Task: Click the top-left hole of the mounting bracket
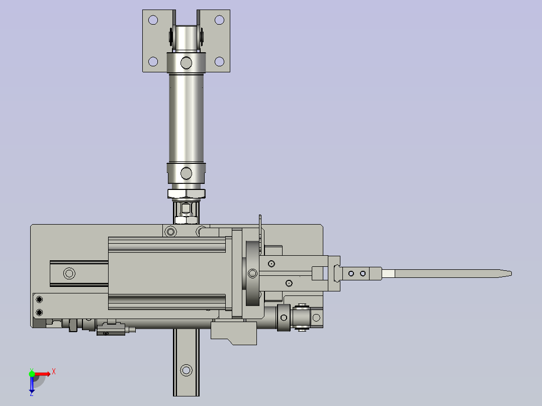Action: pos(153,20)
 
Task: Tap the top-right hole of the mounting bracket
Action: pos(220,20)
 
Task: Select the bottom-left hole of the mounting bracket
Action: pos(153,62)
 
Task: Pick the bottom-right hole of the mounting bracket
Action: pos(220,62)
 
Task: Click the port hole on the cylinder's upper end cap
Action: pos(187,63)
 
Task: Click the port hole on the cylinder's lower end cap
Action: pos(187,173)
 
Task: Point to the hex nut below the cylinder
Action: pos(187,193)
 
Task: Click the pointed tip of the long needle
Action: pos(511,274)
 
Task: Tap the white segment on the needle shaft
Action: pos(389,274)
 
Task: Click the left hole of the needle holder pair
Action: pos(351,274)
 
